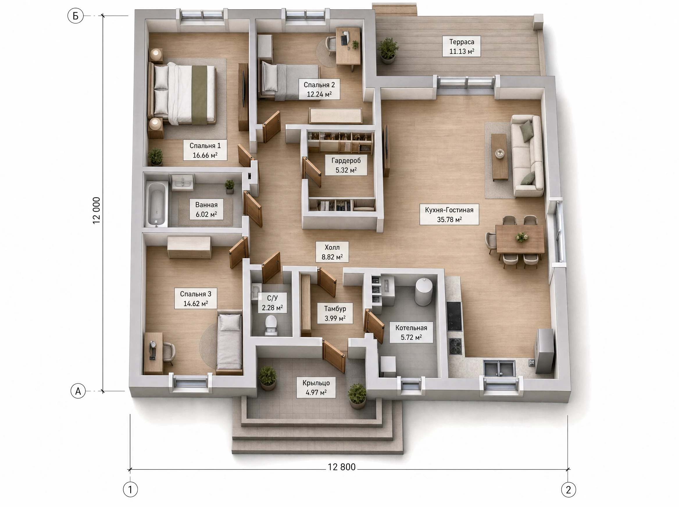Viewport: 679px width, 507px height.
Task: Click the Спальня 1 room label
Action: click(205, 150)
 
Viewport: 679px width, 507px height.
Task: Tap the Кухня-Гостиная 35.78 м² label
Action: click(449, 215)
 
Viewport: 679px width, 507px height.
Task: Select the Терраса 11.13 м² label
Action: click(462, 46)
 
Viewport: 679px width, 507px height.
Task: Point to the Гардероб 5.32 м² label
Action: click(346, 165)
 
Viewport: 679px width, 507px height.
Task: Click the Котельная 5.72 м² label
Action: click(411, 332)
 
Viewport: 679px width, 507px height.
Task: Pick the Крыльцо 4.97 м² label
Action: click(316, 388)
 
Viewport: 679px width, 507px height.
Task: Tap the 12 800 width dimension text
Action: click(342, 467)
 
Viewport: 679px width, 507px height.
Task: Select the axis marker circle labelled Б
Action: click(76, 16)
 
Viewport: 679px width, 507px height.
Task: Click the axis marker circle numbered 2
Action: click(568, 490)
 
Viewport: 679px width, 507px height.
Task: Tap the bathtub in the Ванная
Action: click(156, 204)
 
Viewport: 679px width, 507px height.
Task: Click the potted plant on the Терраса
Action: click(388, 50)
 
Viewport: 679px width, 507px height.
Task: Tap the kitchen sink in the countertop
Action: click(499, 368)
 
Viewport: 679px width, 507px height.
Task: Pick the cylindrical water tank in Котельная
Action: click(424, 292)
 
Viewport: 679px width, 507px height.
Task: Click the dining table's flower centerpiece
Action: click(521, 237)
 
